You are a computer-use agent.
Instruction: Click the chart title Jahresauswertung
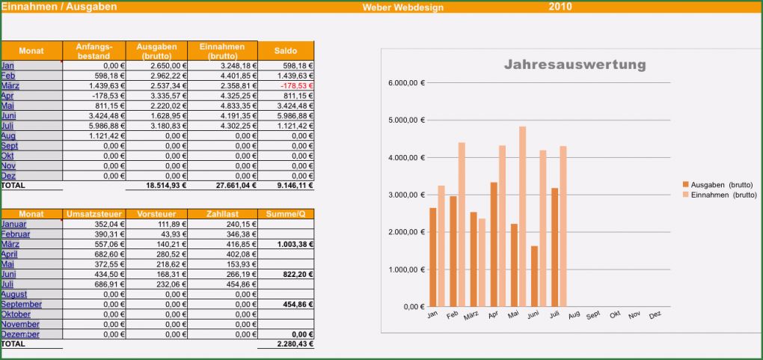(574, 65)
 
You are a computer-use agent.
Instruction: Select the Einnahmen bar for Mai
(522, 216)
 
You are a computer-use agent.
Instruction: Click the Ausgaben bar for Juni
(534, 275)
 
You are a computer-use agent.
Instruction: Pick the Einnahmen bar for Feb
(462, 225)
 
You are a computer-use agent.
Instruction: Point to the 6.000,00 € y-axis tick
(406, 82)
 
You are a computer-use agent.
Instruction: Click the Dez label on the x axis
(655, 315)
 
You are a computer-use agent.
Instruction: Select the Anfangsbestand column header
(94, 51)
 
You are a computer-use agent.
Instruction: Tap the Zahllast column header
(223, 214)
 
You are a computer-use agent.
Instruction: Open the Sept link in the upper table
(10, 146)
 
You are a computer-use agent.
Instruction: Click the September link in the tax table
(21, 305)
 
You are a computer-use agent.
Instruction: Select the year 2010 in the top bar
(560, 7)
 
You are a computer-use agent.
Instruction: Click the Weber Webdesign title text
(402, 7)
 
